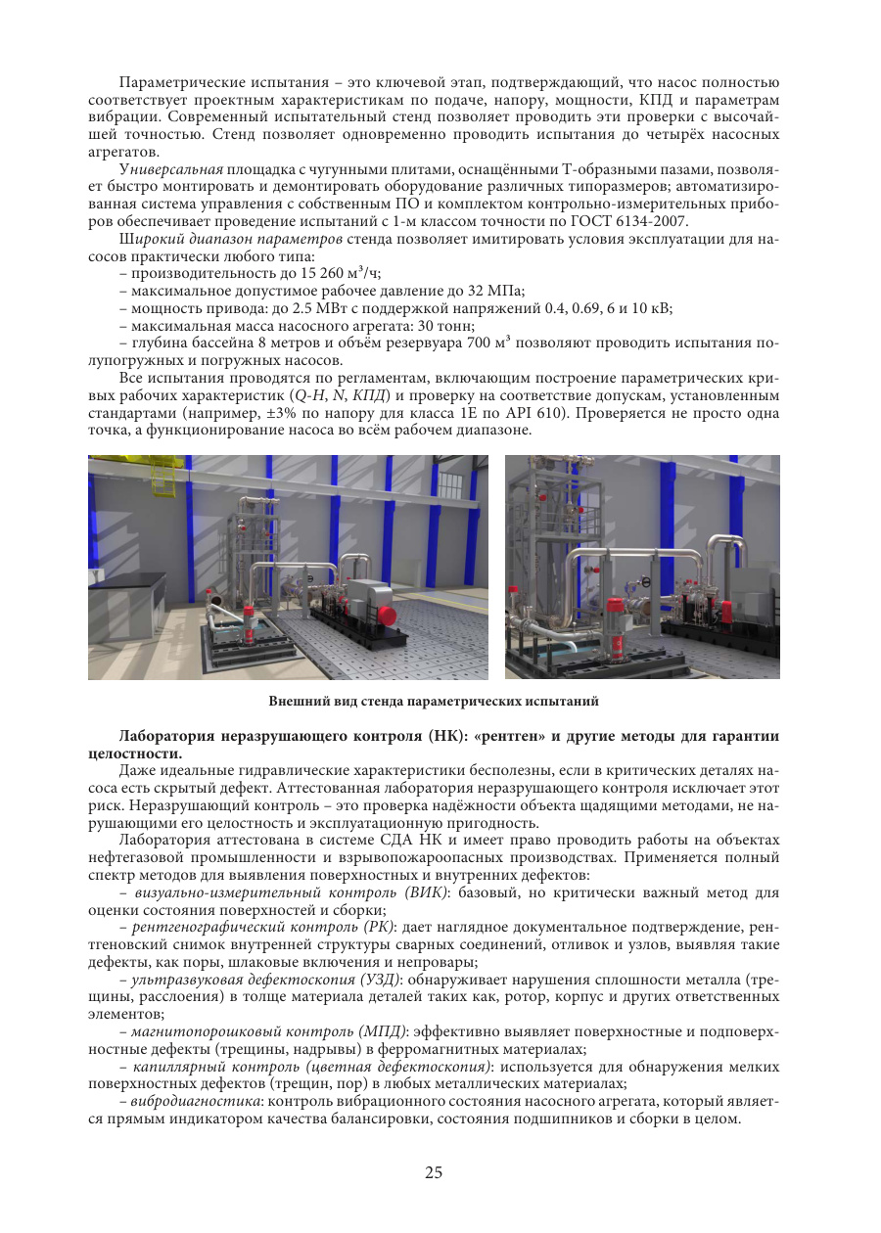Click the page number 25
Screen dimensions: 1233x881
[x=435, y=1173]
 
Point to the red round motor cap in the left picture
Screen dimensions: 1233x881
[x=388, y=615]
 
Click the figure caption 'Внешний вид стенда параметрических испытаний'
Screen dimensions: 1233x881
[x=434, y=701]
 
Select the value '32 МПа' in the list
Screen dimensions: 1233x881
[x=496, y=290]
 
